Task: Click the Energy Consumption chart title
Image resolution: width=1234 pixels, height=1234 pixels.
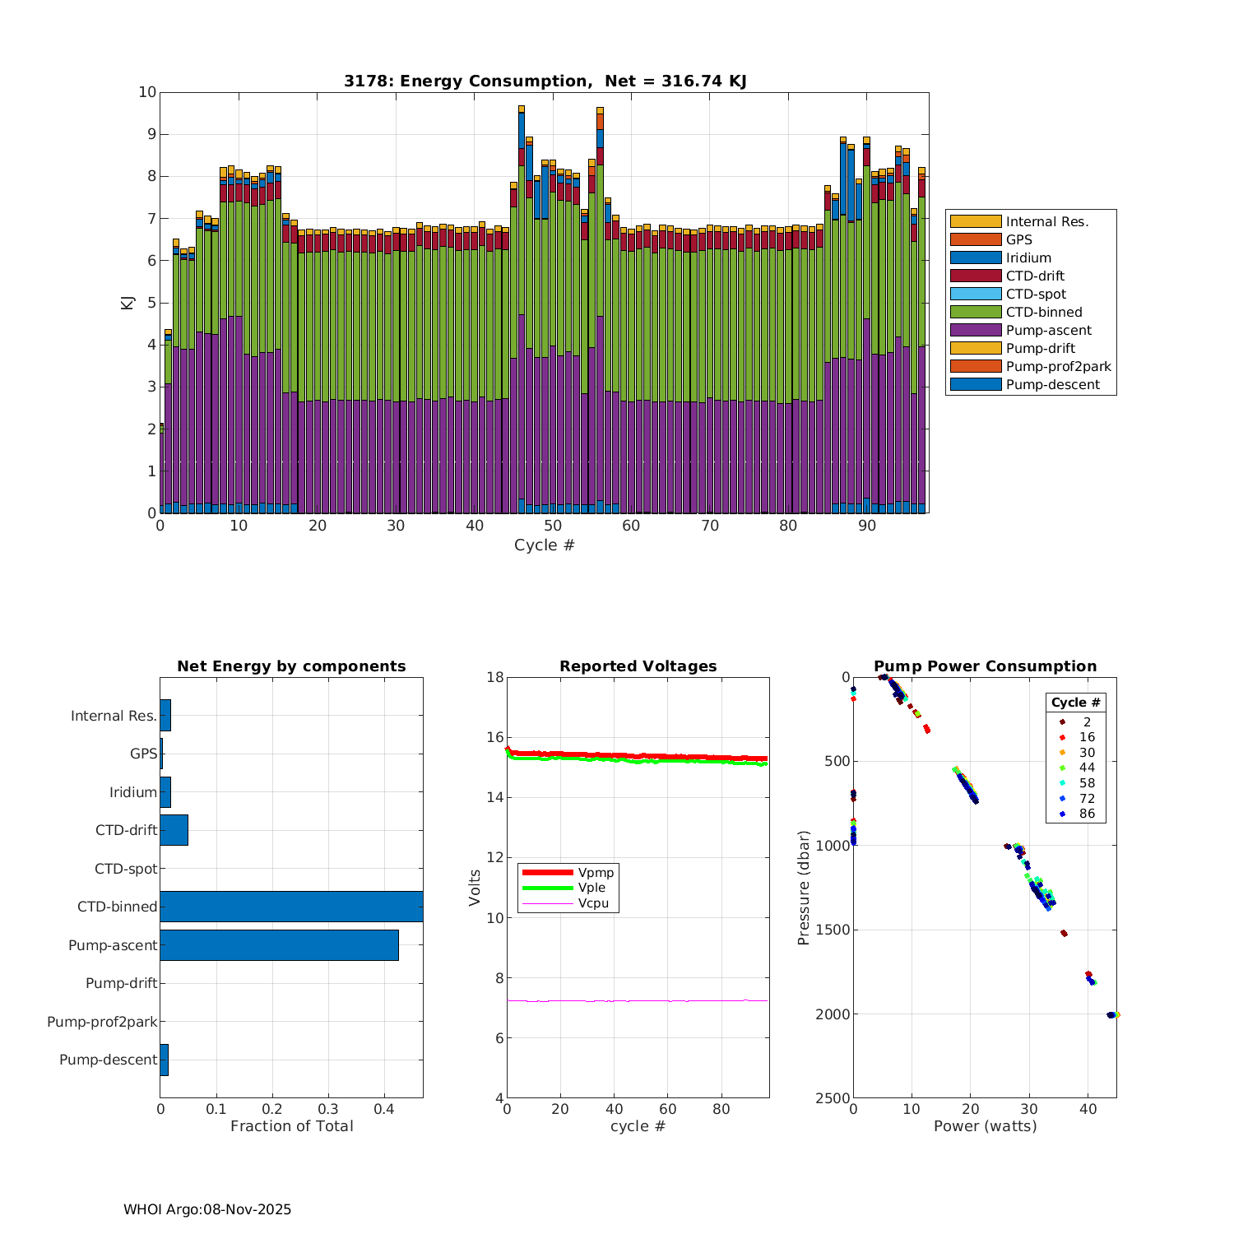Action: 545,81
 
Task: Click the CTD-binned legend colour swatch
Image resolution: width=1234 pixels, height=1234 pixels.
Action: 976,312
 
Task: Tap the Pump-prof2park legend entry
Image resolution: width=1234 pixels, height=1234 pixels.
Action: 1058,366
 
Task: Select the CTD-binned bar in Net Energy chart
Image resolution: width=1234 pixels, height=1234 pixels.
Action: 291,906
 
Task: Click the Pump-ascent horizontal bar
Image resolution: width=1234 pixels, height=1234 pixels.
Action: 279,944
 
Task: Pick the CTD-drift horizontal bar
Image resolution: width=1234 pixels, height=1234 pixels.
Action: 174,829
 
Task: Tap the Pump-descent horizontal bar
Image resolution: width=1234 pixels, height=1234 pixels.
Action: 164,1060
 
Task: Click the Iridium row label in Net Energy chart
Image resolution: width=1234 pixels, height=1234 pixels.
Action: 132,792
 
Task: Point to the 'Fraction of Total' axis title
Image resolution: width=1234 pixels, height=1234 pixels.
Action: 291,1126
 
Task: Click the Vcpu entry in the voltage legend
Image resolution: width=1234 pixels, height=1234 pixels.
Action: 592,903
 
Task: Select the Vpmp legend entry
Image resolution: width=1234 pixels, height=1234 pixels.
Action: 596,872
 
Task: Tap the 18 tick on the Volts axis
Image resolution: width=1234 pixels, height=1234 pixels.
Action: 495,677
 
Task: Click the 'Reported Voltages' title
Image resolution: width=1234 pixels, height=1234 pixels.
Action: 638,666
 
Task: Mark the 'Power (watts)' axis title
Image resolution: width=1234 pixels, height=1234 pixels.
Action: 985,1126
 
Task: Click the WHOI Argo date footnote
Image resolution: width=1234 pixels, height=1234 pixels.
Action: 207,1209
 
